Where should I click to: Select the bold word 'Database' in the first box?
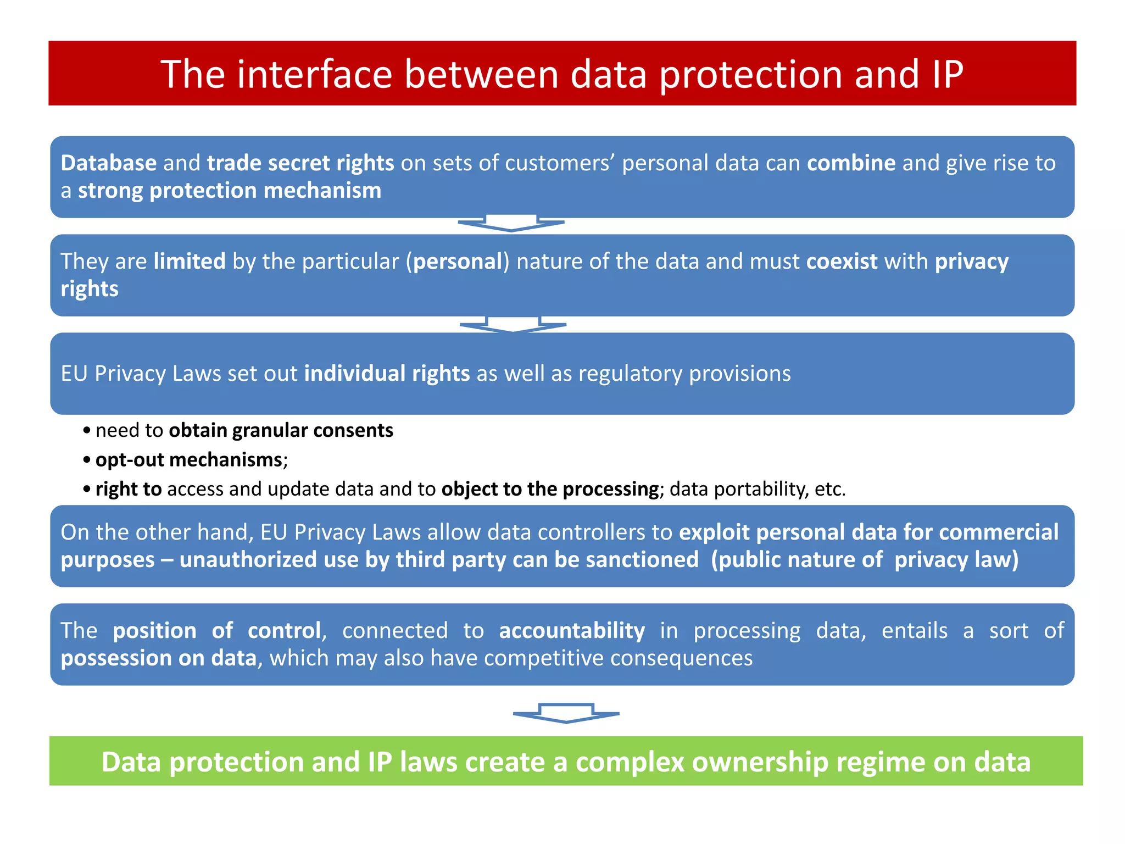(109, 163)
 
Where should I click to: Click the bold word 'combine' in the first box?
(851, 163)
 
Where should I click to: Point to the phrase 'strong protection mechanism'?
(229, 191)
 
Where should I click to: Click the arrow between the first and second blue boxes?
(511, 224)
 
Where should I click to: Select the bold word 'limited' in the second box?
(190, 262)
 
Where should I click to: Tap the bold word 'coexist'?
(842, 262)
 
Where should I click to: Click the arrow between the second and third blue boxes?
(513, 324)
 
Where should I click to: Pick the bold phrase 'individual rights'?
(387, 374)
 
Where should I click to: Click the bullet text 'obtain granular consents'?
(281, 430)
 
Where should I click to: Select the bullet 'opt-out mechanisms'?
(188, 459)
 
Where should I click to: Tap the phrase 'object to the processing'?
(550, 489)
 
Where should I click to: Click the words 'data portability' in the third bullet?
(739, 489)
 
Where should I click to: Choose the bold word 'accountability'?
(572, 631)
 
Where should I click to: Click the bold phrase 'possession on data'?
(159, 658)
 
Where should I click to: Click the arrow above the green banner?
(566, 713)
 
